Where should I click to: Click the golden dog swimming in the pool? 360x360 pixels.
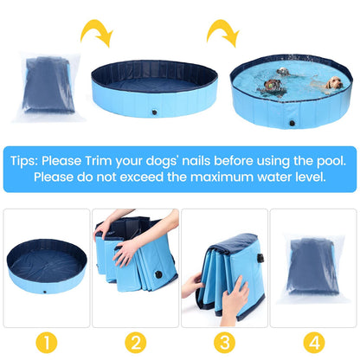[332, 84]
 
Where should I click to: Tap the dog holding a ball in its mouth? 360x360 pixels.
[271, 87]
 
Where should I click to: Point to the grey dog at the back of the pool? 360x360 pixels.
[283, 72]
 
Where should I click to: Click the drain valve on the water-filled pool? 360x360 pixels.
[292, 123]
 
